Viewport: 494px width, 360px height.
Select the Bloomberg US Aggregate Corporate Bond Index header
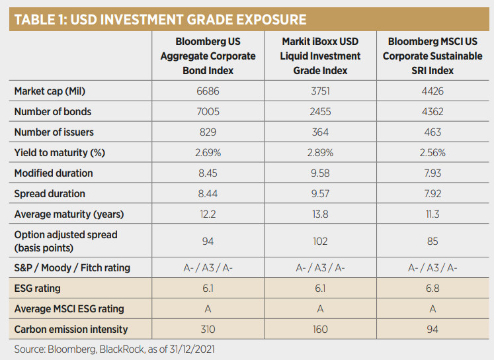(x=207, y=56)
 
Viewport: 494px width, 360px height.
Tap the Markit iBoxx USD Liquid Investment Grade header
(x=320, y=56)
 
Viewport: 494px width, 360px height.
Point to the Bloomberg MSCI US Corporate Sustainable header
(x=432, y=56)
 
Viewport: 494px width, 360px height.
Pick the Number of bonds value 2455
(x=320, y=112)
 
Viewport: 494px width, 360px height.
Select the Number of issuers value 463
(x=432, y=132)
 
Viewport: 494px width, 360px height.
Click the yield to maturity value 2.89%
(x=320, y=153)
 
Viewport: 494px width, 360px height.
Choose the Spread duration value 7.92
(x=432, y=194)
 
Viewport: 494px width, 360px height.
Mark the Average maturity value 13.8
(x=320, y=214)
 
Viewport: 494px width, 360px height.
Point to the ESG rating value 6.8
(x=432, y=289)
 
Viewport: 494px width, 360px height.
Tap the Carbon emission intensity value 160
(x=320, y=330)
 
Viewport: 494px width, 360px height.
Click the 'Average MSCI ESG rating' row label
(x=69, y=309)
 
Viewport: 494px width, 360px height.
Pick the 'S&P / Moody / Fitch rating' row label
(x=72, y=268)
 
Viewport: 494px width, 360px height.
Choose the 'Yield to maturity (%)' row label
(x=59, y=153)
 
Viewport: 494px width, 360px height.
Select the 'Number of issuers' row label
(x=53, y=132)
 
